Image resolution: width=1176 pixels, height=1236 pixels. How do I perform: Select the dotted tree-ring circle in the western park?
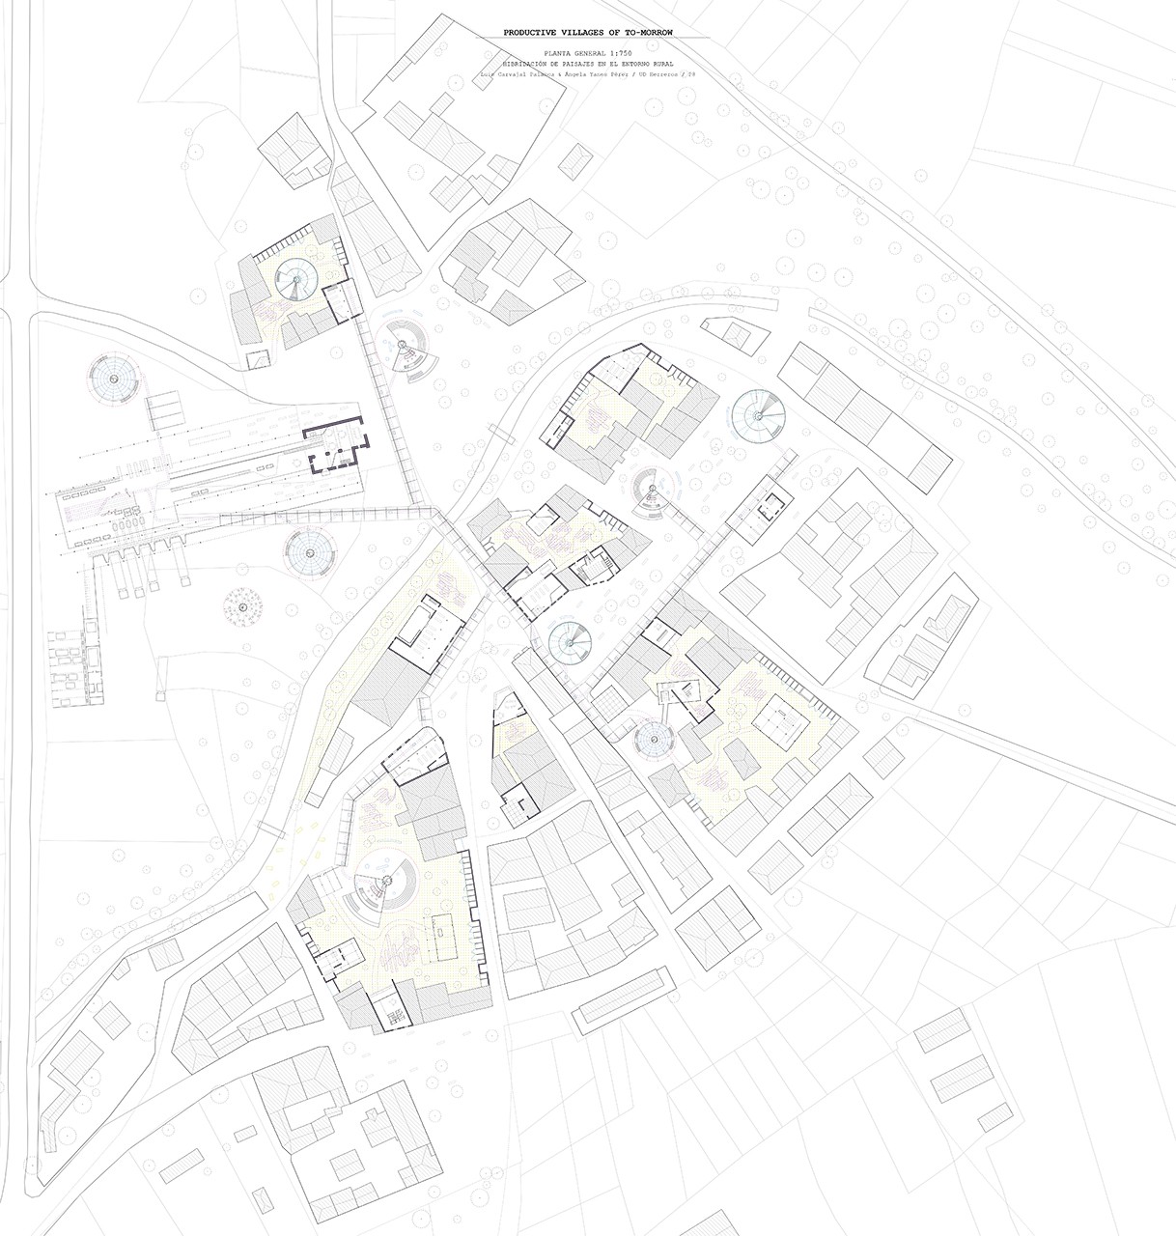(245, 607)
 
